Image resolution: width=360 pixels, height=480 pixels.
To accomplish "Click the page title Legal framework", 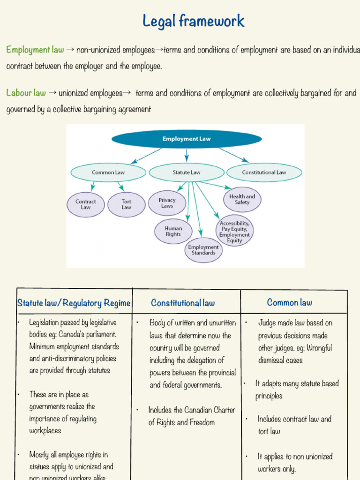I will click(x=193, y=21).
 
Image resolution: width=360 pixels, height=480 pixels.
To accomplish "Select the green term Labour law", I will click(x=26, y=93).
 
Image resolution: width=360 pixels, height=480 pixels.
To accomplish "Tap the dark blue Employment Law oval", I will click(x=186, y=139).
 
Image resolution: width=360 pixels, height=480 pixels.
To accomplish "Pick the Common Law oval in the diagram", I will click(x=108, y=172).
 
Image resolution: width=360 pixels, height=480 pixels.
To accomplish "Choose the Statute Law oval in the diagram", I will click(x=186, y=172).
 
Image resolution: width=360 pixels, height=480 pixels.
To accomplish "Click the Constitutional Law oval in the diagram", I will click(x=264, y=172).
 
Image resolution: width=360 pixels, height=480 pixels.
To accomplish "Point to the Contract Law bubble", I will click(x=85, y=205).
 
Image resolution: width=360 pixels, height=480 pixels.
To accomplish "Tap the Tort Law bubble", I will click(x=126, y=205).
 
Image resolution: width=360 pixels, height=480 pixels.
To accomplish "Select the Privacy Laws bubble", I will click(x=167, y=203).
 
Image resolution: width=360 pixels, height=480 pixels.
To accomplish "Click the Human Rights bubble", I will click(x=173, y=231).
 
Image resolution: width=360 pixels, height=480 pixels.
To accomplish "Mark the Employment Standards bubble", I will click(x=203, y=250).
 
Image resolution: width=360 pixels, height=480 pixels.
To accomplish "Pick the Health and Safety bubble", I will click(x=242, y=200).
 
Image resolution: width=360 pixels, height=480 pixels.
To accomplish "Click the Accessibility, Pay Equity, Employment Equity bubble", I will click(x=234, y=232).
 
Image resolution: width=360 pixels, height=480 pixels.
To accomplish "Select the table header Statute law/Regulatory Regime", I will click(x=74, y=303).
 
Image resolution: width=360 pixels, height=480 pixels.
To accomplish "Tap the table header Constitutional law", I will click(x=183, y=303).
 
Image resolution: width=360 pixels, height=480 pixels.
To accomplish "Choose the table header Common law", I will click(x=289, y=303).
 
